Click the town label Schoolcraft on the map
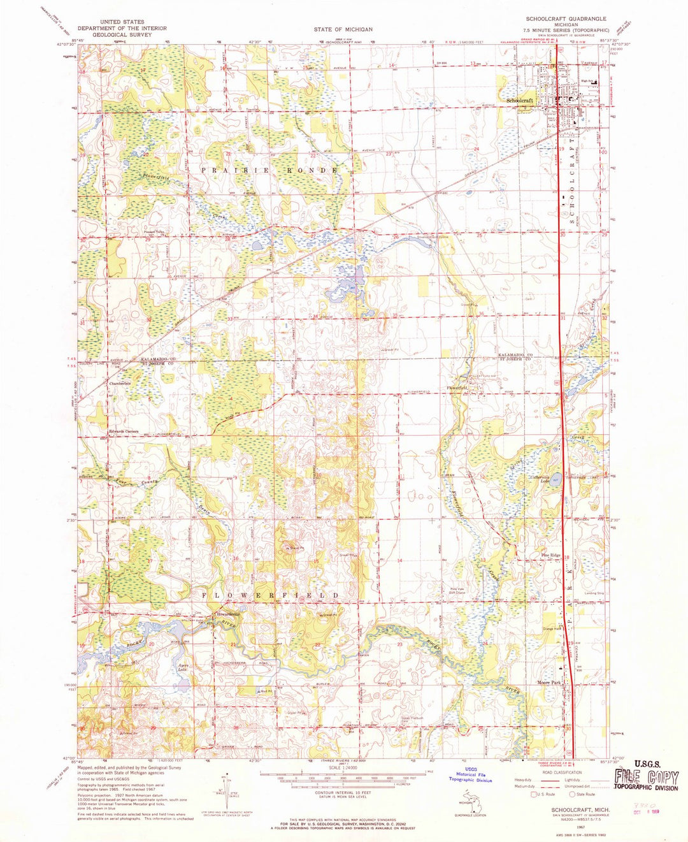click(520, 101)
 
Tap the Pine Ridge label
click(551, 555)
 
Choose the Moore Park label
click(548, 683)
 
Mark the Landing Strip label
click(593, 593)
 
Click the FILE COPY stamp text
click(647, 776)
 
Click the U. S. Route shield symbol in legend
click(534, 794)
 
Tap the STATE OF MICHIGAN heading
click(343, 29)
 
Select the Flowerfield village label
click(457, 388)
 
